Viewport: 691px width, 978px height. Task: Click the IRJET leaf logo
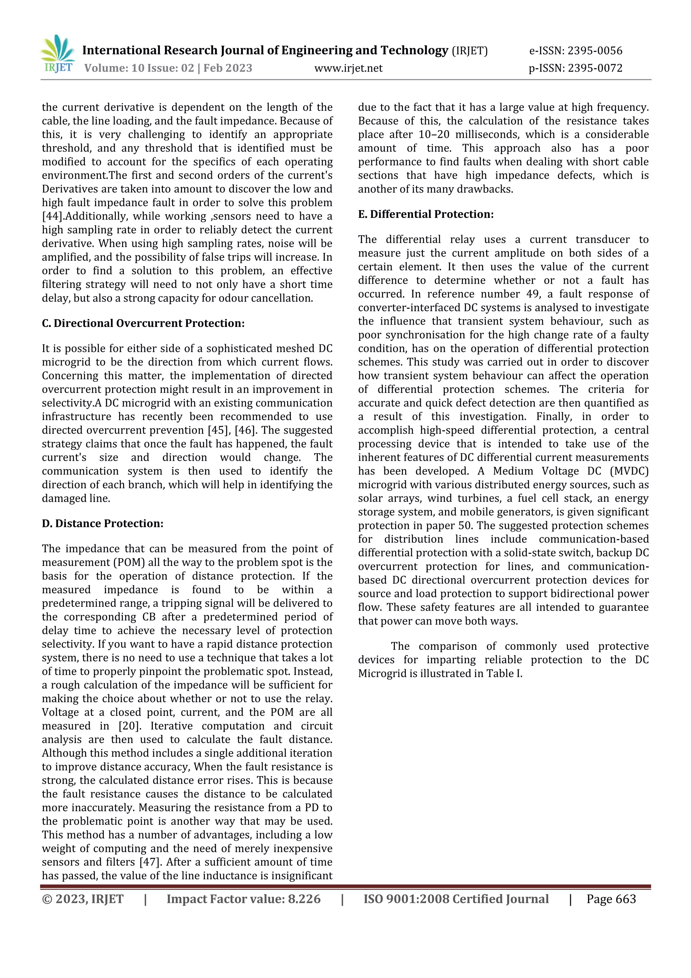[57, 54]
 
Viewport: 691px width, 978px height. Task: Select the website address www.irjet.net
[348, 68]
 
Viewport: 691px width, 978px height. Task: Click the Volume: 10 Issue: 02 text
[139, 68]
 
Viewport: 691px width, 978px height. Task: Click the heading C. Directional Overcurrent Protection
[143, 323]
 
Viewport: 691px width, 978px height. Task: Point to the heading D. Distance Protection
[103, 523]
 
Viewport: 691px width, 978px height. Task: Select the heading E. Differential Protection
[425, 214]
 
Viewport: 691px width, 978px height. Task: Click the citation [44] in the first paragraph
[52, 216]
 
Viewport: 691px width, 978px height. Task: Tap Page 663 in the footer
[611, 899]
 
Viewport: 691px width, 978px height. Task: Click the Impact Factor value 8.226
[304, 899]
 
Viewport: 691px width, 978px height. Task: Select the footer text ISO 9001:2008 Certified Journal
[456, 899]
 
